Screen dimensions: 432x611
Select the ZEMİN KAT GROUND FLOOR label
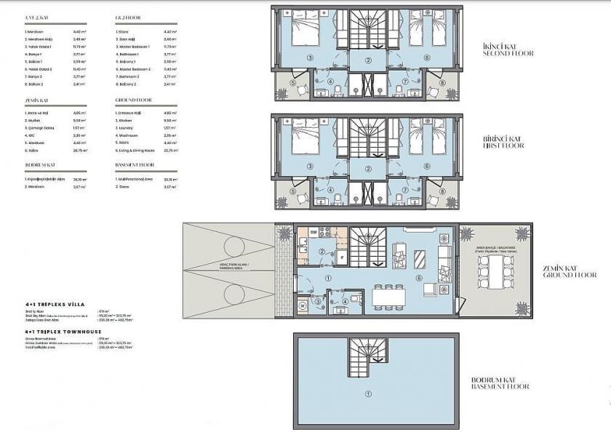pyautogui.click(x=570, y=271)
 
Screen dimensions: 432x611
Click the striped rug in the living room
pyautogui.click(x=421, y=259)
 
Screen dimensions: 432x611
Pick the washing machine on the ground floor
pyautogui.click(x=302, y=305)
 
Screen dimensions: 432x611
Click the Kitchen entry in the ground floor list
pyautogui.click(x=128, y=120)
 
